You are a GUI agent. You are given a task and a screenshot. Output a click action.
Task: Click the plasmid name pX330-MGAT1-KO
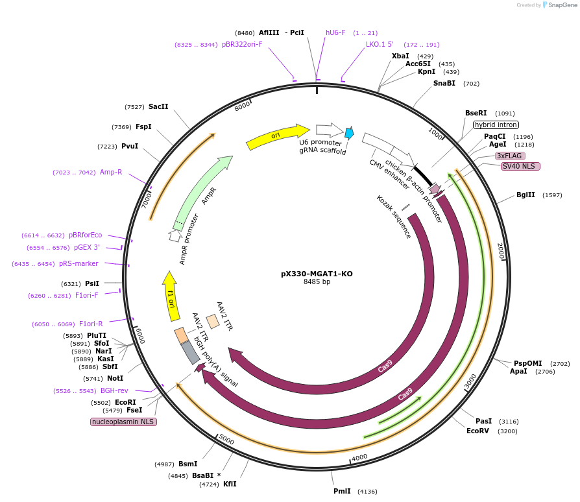(317, 274)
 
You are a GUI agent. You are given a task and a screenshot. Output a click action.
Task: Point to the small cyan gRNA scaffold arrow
(349, 133)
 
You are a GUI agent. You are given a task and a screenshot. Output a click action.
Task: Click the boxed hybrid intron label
(496, 125)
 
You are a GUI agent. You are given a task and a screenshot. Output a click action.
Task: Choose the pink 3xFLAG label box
(510, 156)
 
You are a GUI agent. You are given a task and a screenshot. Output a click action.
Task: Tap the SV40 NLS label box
(520, 166)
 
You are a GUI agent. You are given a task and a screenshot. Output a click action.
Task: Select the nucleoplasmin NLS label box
(123, 422)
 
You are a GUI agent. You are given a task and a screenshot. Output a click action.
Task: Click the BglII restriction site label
(526, 195)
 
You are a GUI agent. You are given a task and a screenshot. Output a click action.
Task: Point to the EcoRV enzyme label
(477, 431)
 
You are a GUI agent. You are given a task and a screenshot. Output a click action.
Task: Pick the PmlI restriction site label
(342, 491)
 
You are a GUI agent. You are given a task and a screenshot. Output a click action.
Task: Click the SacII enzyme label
(158, 106)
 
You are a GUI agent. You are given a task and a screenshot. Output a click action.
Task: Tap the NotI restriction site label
(115, 378)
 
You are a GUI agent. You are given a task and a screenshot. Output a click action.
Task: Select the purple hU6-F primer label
(335, 32)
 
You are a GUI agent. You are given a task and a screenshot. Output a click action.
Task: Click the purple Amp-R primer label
(111, 172)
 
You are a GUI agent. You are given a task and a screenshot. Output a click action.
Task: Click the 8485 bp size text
(317, 282)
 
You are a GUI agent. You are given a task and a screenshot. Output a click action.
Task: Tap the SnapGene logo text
(560, 5)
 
